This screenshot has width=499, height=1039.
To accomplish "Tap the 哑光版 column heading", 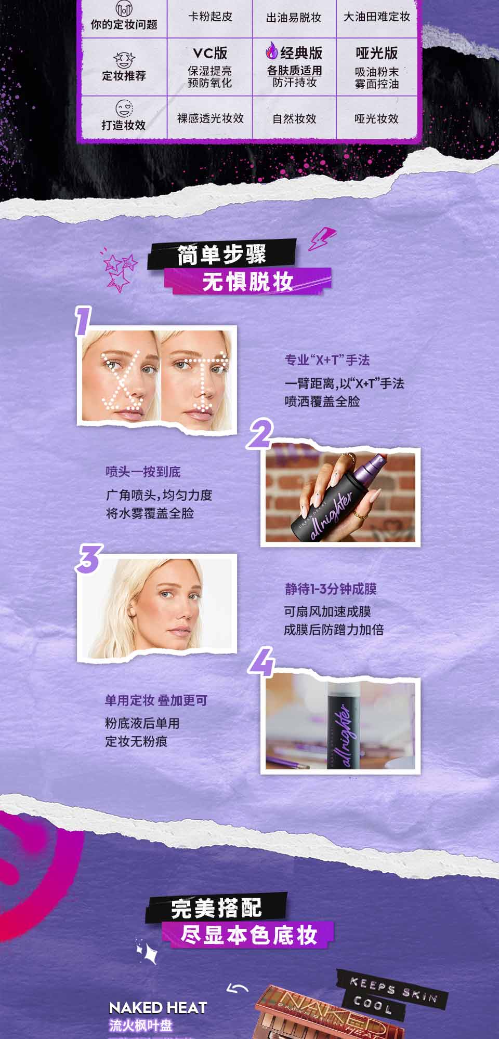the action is coord(377,53).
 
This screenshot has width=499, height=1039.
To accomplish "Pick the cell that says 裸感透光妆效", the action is coord(211,118).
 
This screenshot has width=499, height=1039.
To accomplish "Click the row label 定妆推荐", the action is coord(124,76).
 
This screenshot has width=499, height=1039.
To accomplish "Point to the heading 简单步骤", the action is coord(222,255).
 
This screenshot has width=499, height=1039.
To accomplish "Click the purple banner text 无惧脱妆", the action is coord(248,282).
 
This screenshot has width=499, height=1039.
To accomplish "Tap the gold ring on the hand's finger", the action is coord(358,515).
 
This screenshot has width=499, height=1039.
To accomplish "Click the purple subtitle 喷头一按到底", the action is coord(143,472).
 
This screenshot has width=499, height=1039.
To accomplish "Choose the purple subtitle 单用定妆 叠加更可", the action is coord(156,700).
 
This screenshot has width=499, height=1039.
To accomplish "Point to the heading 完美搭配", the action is coord(216,908).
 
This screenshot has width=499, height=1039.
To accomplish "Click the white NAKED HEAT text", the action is coord(158,1008).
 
